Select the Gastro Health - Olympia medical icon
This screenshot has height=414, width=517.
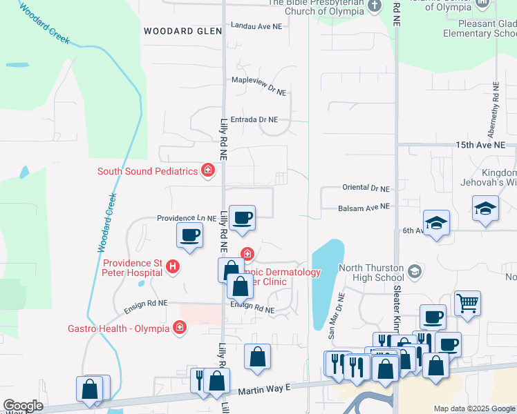click(180, 328)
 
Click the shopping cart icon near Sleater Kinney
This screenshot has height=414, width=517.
click(467, 302)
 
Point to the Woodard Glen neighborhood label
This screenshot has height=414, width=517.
click(182, 31)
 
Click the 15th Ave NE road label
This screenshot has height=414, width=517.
click(485, 146)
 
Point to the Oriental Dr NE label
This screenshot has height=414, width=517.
click(366, 188)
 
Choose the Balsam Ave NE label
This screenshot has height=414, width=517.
click(364, 206)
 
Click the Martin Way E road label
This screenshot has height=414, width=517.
click(263, 390)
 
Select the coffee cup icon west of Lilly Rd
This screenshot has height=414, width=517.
click(189, 235)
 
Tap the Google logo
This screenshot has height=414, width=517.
click(23, 406)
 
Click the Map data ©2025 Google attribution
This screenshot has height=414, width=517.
click(473, 408)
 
